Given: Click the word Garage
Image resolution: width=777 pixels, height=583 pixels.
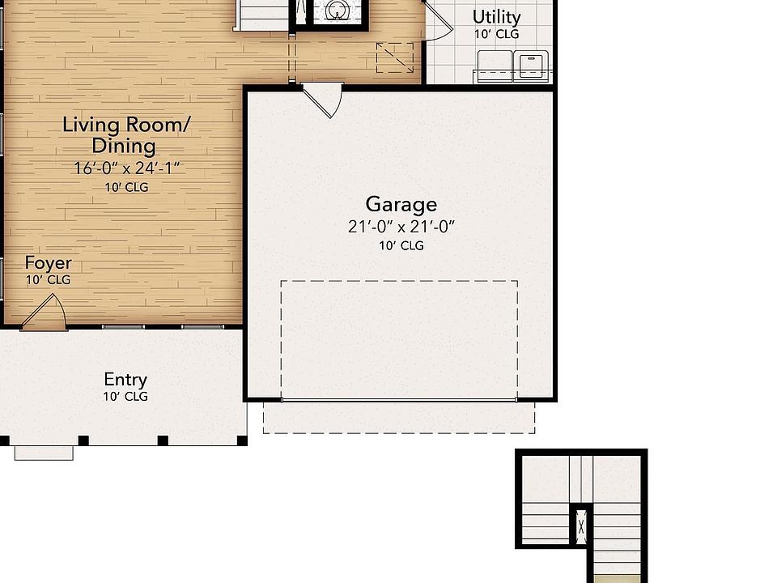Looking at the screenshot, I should (401, 204).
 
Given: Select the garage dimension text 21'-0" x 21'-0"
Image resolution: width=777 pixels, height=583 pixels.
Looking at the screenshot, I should (401, 227).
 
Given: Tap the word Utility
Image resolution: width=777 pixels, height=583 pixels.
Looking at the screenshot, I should (496, 16).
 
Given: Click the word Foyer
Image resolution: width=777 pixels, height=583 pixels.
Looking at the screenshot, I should (48, 263).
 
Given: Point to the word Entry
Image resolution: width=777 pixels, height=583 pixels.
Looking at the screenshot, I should (125, 379).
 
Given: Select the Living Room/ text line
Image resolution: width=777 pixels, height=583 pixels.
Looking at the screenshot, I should (126, 125).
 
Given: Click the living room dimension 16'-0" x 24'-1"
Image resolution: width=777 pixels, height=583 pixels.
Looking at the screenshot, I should (126, 168).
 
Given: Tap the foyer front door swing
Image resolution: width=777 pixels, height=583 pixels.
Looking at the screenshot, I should (45, 314).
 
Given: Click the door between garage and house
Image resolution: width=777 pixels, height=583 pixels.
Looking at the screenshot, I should (325, 99).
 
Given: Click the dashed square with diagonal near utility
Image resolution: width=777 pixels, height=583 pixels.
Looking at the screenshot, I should (395, 58).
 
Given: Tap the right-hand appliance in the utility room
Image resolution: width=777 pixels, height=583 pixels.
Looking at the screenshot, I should (531, 65).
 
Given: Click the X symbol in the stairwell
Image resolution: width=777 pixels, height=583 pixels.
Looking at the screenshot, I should (581, 527).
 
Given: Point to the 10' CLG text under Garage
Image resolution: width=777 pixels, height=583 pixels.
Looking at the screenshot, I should (401, 245).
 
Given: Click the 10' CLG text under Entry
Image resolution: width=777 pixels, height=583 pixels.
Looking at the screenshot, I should (125, 397).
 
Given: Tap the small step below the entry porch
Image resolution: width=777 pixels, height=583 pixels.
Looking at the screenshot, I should (44, 453).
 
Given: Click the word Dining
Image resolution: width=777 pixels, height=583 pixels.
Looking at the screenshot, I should (124, 147).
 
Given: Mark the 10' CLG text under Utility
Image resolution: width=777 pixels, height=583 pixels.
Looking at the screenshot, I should (496, 34).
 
